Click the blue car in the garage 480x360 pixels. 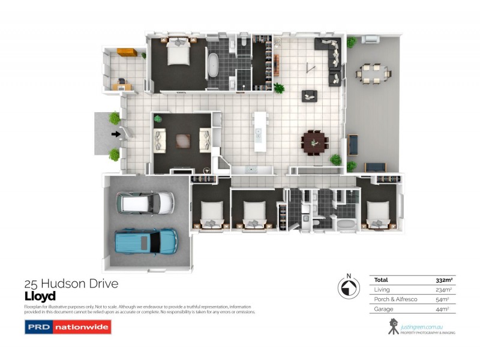(x=146, y=241)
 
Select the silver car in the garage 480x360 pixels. (x=146, y=202)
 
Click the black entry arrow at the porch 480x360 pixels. (x=115, y=134)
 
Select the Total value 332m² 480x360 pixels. (x=443, y=280)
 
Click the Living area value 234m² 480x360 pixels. (x=443, y=290)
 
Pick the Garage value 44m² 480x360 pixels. (x=445, y=309)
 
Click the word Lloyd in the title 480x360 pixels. (x=40, y=296)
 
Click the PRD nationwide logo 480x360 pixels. (x=67, y=328)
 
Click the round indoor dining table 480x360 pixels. (x=314, y=142)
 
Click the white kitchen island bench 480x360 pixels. (x=259, y=131)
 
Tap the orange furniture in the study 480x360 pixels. (x=127, y=52)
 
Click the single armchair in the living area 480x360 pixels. (x=310, y=95)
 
